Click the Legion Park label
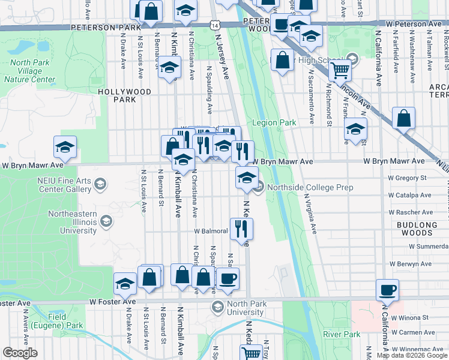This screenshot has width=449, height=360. coord(274,122)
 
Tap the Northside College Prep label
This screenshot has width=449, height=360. coord(301,187)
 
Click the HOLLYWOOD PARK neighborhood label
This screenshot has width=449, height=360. coord(125,95)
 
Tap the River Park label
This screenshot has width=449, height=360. coord(341,334)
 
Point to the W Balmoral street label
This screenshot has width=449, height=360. coord(211,231)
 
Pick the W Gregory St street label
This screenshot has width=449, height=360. coord(406,178)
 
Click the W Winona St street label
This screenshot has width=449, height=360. coord(408,316)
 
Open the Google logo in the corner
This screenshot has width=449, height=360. coord(20,353)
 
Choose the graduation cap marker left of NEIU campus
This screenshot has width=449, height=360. coord(65,146)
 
